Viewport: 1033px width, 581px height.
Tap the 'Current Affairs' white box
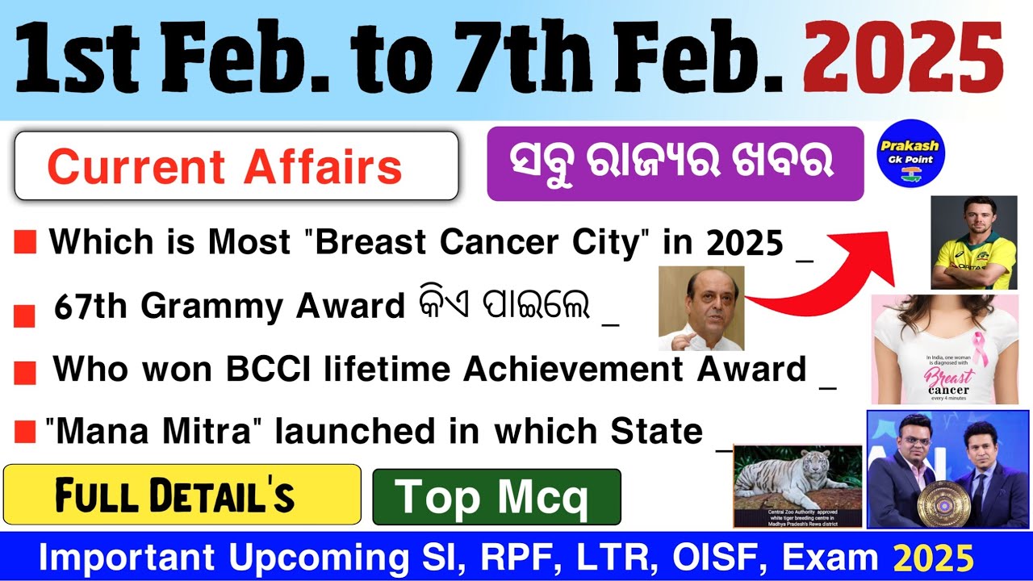(236, 166)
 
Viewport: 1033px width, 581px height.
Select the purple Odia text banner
(675, 164)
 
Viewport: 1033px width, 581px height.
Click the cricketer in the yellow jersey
(973, 242)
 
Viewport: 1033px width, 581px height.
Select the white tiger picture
(797, 484)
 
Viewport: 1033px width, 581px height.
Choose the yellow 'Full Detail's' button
(182, 494)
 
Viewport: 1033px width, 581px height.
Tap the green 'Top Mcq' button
(496, 496)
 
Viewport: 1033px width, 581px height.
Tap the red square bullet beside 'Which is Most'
(25, 242)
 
